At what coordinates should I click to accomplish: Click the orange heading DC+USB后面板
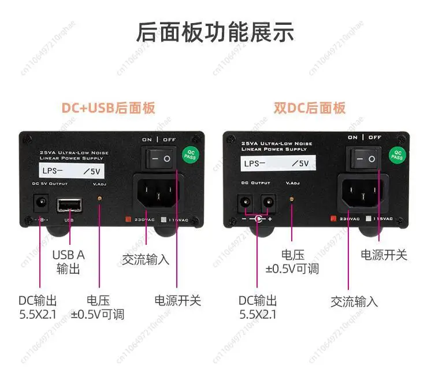click(x=109, y=108)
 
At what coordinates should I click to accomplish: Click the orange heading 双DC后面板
click(x=309, y=108)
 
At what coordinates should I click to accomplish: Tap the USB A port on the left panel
click(x=69, y=206)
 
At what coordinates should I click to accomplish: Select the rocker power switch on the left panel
click(x=159, y=158)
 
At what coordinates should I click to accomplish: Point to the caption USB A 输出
click(x=68, y=262)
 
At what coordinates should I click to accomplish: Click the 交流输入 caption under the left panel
click(x=146, y=259)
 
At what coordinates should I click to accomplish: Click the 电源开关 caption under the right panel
click(x=384, y=255)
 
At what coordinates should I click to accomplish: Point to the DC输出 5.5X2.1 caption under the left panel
click(x=38, y=307)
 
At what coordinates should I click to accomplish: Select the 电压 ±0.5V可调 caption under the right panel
click(x=292, y=262)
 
